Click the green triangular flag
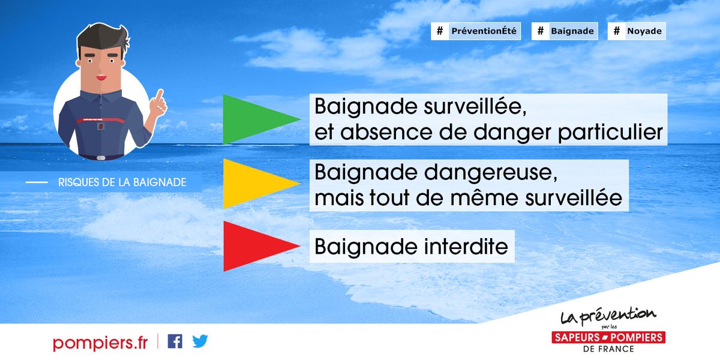click(x=254, y=119)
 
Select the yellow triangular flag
click(x=254, y=184)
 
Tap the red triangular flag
click(x=254, y=246)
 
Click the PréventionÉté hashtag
click(x=476, y=31)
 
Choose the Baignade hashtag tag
click(x=565, y=31)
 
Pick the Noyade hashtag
click(x=637, y=31)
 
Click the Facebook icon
click(x=175, y=341)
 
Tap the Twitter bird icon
click(x=200, y=341)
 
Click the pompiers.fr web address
click(x=100, y=343)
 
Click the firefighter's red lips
click(x=101, y=77)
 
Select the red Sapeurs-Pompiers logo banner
click(x=608, y=337)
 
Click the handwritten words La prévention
click(x=608, y=316)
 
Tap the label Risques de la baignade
click(x=122, y=182)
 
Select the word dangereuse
click(x=491, y=173)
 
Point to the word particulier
click(x=610, y=133)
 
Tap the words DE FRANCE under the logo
click(x=608, y=349)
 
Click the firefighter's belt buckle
click(x=101, y=158)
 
